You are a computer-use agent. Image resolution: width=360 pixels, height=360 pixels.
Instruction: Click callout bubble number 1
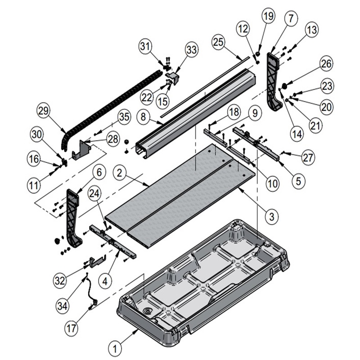tap(116, 348)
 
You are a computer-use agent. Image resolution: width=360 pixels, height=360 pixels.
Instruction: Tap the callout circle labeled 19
tap(268, 17)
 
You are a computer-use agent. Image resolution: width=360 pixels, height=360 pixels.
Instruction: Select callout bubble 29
tap(44, 111)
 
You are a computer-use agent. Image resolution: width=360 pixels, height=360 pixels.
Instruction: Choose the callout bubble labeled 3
tap(270, 216)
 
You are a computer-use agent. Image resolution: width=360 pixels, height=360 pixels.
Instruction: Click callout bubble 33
tap(192, 50)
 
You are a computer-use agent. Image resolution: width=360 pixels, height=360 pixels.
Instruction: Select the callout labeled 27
tap(308, 157)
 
